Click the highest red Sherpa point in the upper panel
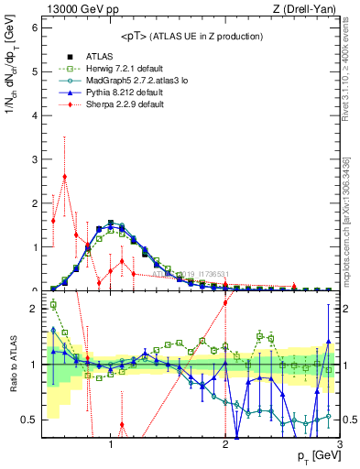[65, 177]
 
